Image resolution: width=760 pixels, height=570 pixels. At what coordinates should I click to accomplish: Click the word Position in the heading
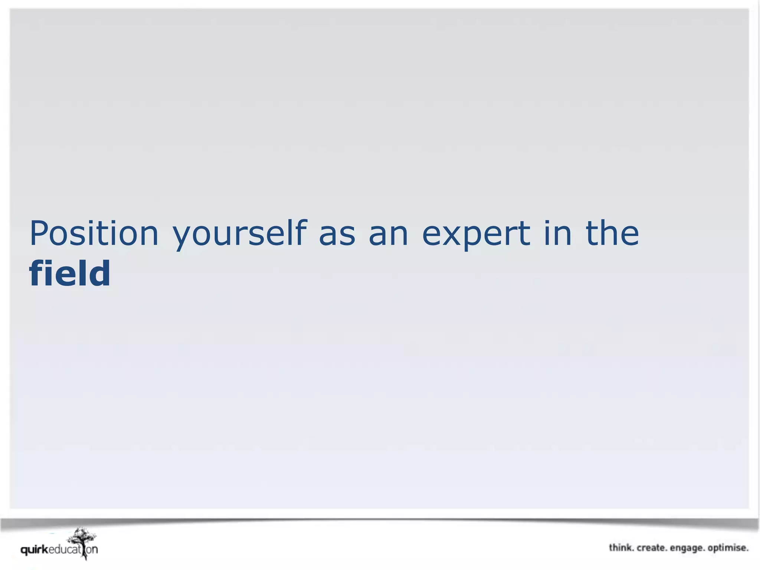tap(94, 233)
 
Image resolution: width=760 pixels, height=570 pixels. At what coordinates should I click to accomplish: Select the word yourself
tap(240, 233)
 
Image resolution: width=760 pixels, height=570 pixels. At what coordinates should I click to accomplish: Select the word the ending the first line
tap(612, 233)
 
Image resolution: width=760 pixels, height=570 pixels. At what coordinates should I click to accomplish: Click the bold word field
tap(70, 273)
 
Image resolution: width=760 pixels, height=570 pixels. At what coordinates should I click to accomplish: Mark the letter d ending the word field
tap(100, 273)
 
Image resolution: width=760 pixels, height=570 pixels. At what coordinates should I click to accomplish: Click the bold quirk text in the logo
tap(35, 550)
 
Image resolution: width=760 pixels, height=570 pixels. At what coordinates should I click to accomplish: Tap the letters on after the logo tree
tap(92, 550)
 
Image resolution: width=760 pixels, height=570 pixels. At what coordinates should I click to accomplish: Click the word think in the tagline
tap(620, 548)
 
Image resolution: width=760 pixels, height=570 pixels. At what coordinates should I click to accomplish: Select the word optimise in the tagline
tap(728, 548)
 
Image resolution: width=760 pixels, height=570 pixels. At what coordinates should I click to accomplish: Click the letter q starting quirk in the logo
tap(24, 551)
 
